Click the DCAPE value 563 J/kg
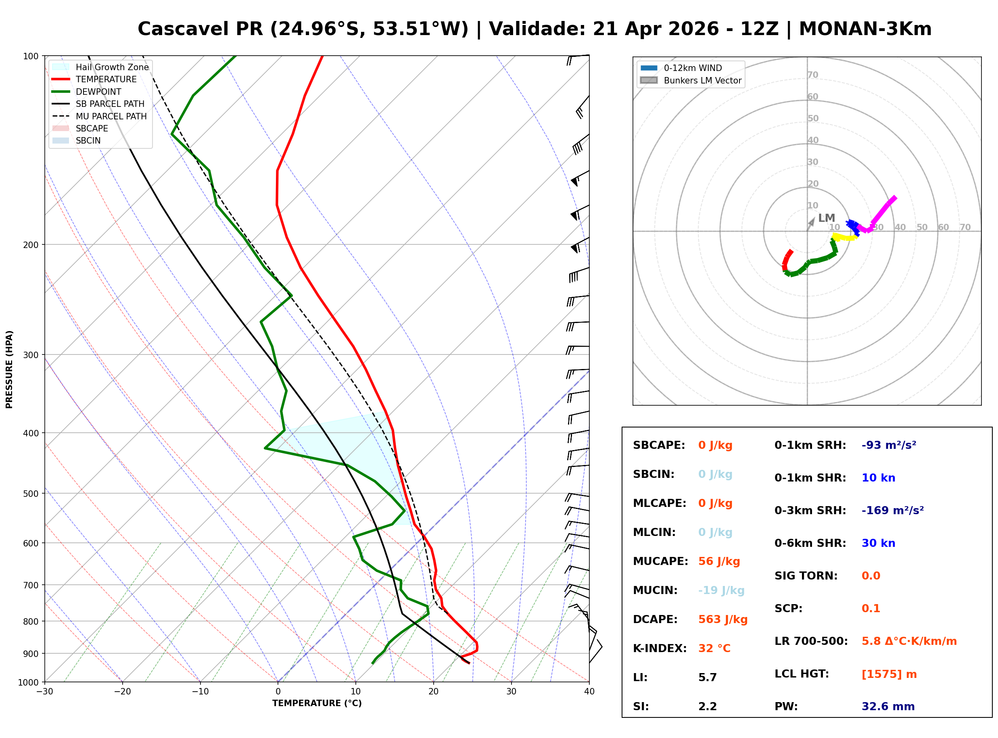(x=722, y=619)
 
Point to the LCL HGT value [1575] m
(x=889, y=674)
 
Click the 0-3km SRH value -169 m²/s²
(x=892, y=511)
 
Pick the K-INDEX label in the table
(x=660, y=648)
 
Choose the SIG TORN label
(x=806, y=576)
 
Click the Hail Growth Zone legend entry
(x=112, y=67)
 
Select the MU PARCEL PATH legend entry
(x=111, y=116)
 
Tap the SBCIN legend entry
(x=88, y=141)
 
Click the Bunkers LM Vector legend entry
(x=702, y=80)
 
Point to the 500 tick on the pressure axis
(x=30, y=494)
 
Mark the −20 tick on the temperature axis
(x=122, y=692)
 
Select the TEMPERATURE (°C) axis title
(x=317, y=704)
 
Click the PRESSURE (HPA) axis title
(x=9, y=369)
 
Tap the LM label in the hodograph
(x=826, y=218)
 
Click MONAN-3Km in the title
(x=865, y=29)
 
